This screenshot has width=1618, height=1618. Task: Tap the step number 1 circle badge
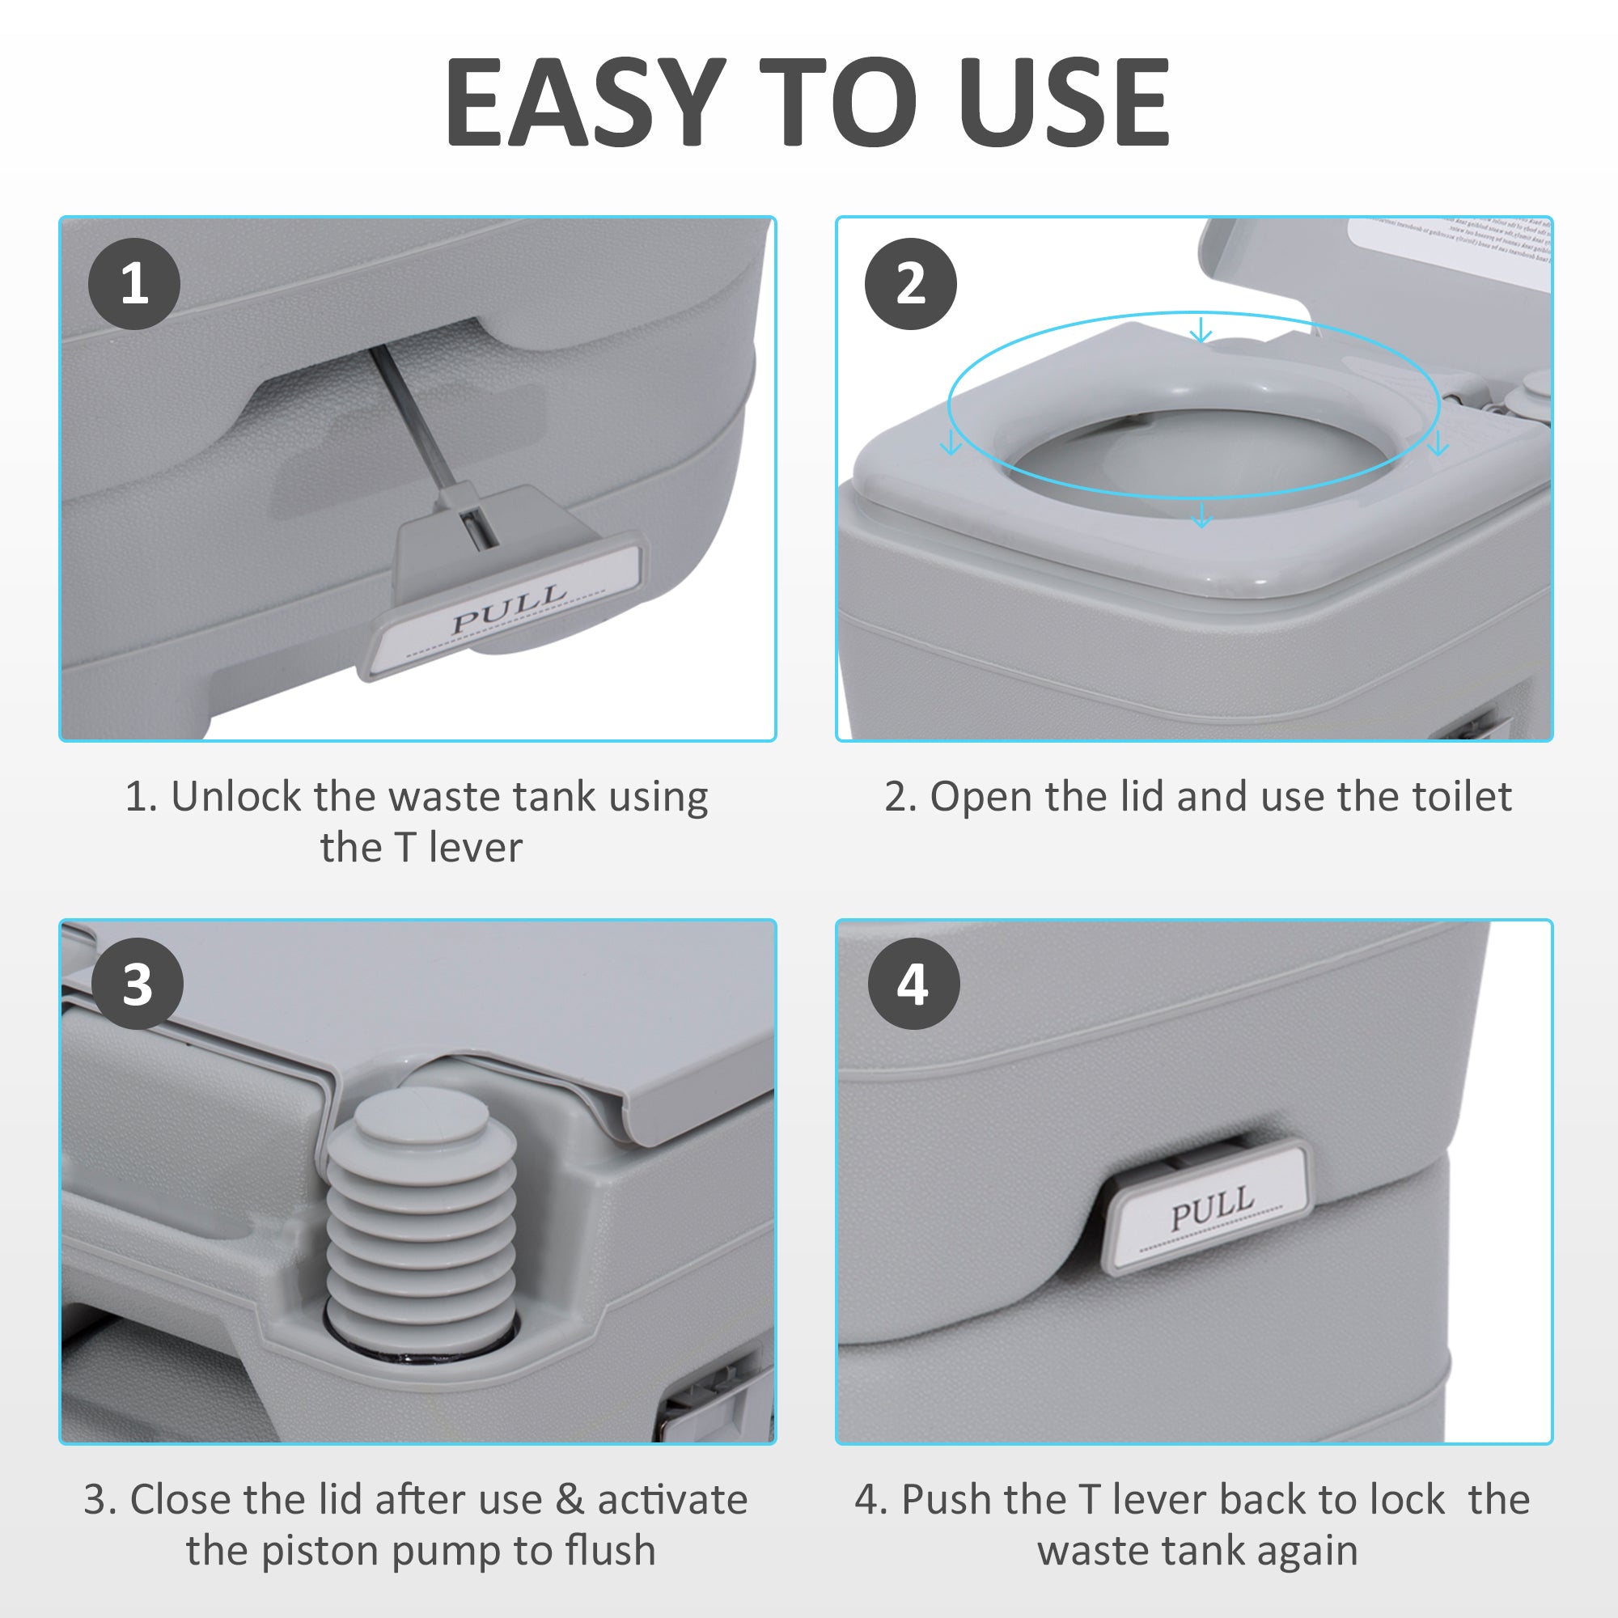tap(134, 283)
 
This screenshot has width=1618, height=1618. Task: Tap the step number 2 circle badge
tap(910, 283)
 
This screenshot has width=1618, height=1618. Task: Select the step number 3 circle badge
tap(138, 984)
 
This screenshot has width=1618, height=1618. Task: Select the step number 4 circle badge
tap(913, 984)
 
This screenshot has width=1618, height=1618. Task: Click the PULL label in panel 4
tap(1212, 1206)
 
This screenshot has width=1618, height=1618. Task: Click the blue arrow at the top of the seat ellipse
tap(1201, 330)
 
